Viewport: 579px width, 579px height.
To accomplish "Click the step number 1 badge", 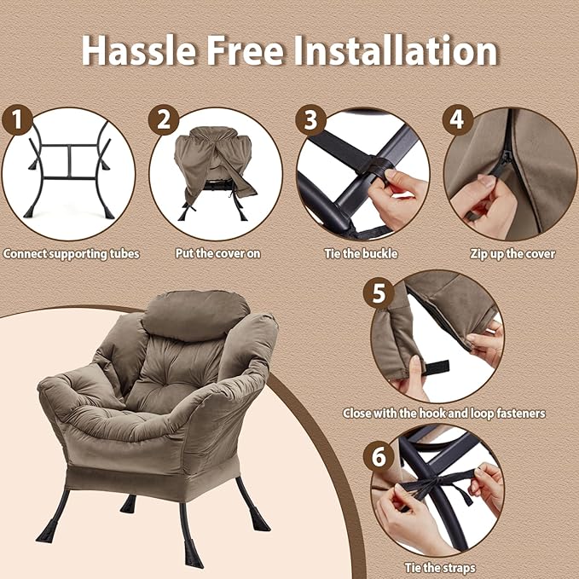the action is tap(17, 119).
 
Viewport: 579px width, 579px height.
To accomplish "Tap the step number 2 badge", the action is tap(164, 119).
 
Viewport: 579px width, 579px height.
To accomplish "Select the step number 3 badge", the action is tap(310, 119).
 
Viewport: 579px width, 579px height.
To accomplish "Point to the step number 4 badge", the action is tap(458, 119).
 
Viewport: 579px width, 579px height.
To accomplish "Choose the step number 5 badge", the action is tap(379, 293).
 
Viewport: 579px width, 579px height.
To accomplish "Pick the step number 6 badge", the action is tap(379, 456).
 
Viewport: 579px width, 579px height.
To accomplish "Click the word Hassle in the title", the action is tap(138, 50).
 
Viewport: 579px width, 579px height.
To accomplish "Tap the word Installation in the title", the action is tap(396, 50).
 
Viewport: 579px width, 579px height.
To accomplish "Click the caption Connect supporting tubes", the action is tap(72, 254).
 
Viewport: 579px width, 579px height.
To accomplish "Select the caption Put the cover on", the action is tap(217, 253).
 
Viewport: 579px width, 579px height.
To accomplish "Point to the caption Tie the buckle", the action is tap(362, 253).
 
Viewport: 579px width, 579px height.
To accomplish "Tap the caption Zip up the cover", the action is tap(512, 254).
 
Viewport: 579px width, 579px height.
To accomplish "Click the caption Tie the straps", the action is tap(440, 568).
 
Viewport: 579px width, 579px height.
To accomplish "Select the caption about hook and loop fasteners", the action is tap(444, 414).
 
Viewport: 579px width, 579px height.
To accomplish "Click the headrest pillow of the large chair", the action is tap(196, 315).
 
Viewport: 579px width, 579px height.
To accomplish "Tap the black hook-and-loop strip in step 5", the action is tap(436, 368).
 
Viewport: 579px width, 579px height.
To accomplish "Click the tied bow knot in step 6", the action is tap(436, 483).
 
